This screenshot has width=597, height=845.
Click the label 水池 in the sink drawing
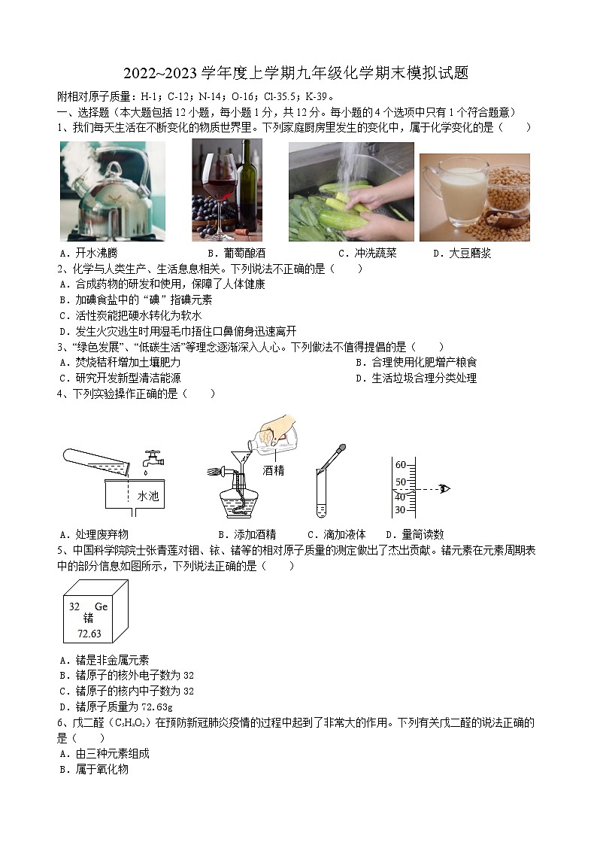(x=148, y=497)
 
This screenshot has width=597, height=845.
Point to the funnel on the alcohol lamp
(x=239, y=459)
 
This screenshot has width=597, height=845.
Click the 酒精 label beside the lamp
(x=274, y=470)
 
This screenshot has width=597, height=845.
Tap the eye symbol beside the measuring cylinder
(x=444, y=489)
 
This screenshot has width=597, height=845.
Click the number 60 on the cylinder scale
(x=400, y=464)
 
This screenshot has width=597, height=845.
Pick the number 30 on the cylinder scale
(x=400, y=510)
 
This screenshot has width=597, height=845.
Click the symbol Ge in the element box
(x=101, y=606)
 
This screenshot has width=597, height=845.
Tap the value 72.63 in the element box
(x=89, y=634)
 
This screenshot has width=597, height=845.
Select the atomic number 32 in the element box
(x=74, y=606)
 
